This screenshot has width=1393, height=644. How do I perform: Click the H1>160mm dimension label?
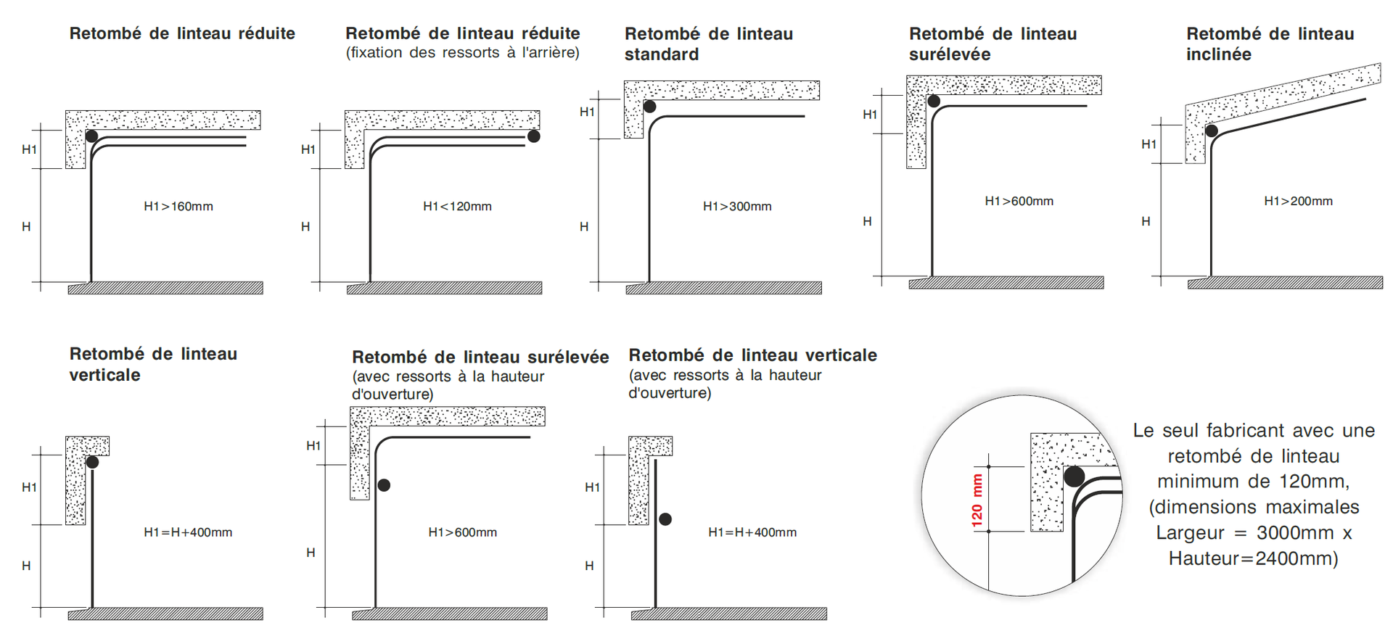pos(178,207)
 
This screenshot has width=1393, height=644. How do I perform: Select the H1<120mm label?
pos(457,207)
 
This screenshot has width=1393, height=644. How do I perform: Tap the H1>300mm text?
pos(737,207)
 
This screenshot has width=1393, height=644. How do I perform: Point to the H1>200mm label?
pos(1298,201)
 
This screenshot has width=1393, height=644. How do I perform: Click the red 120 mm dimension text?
pos(977,500)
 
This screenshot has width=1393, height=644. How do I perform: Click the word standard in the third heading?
pos(662,54)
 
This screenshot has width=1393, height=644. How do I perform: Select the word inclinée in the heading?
pos(1219,54)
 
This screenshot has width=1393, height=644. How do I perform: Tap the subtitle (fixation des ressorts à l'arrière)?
pos(463,53)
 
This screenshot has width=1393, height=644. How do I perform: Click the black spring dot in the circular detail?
pos(1074,476)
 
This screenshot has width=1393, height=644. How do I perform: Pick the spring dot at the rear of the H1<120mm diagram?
pos(534,136)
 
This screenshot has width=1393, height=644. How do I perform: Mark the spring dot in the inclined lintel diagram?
pos(1212,131)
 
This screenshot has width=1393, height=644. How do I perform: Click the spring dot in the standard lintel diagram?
pos(650,107)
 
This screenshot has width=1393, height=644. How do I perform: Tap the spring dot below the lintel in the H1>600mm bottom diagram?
pos(384,485)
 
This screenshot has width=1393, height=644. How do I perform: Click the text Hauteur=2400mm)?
pos(1253,558)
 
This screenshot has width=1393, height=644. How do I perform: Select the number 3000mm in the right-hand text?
pos(1295,533)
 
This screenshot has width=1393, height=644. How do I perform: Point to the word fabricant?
pos(1246,430)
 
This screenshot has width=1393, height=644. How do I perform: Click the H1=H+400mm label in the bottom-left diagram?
pos(188,532)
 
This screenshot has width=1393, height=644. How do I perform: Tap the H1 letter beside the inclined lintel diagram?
pos(1148,144)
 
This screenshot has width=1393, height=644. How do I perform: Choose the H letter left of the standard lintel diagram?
pos(584,227)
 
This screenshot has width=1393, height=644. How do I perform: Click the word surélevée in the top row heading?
pos(950,54)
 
